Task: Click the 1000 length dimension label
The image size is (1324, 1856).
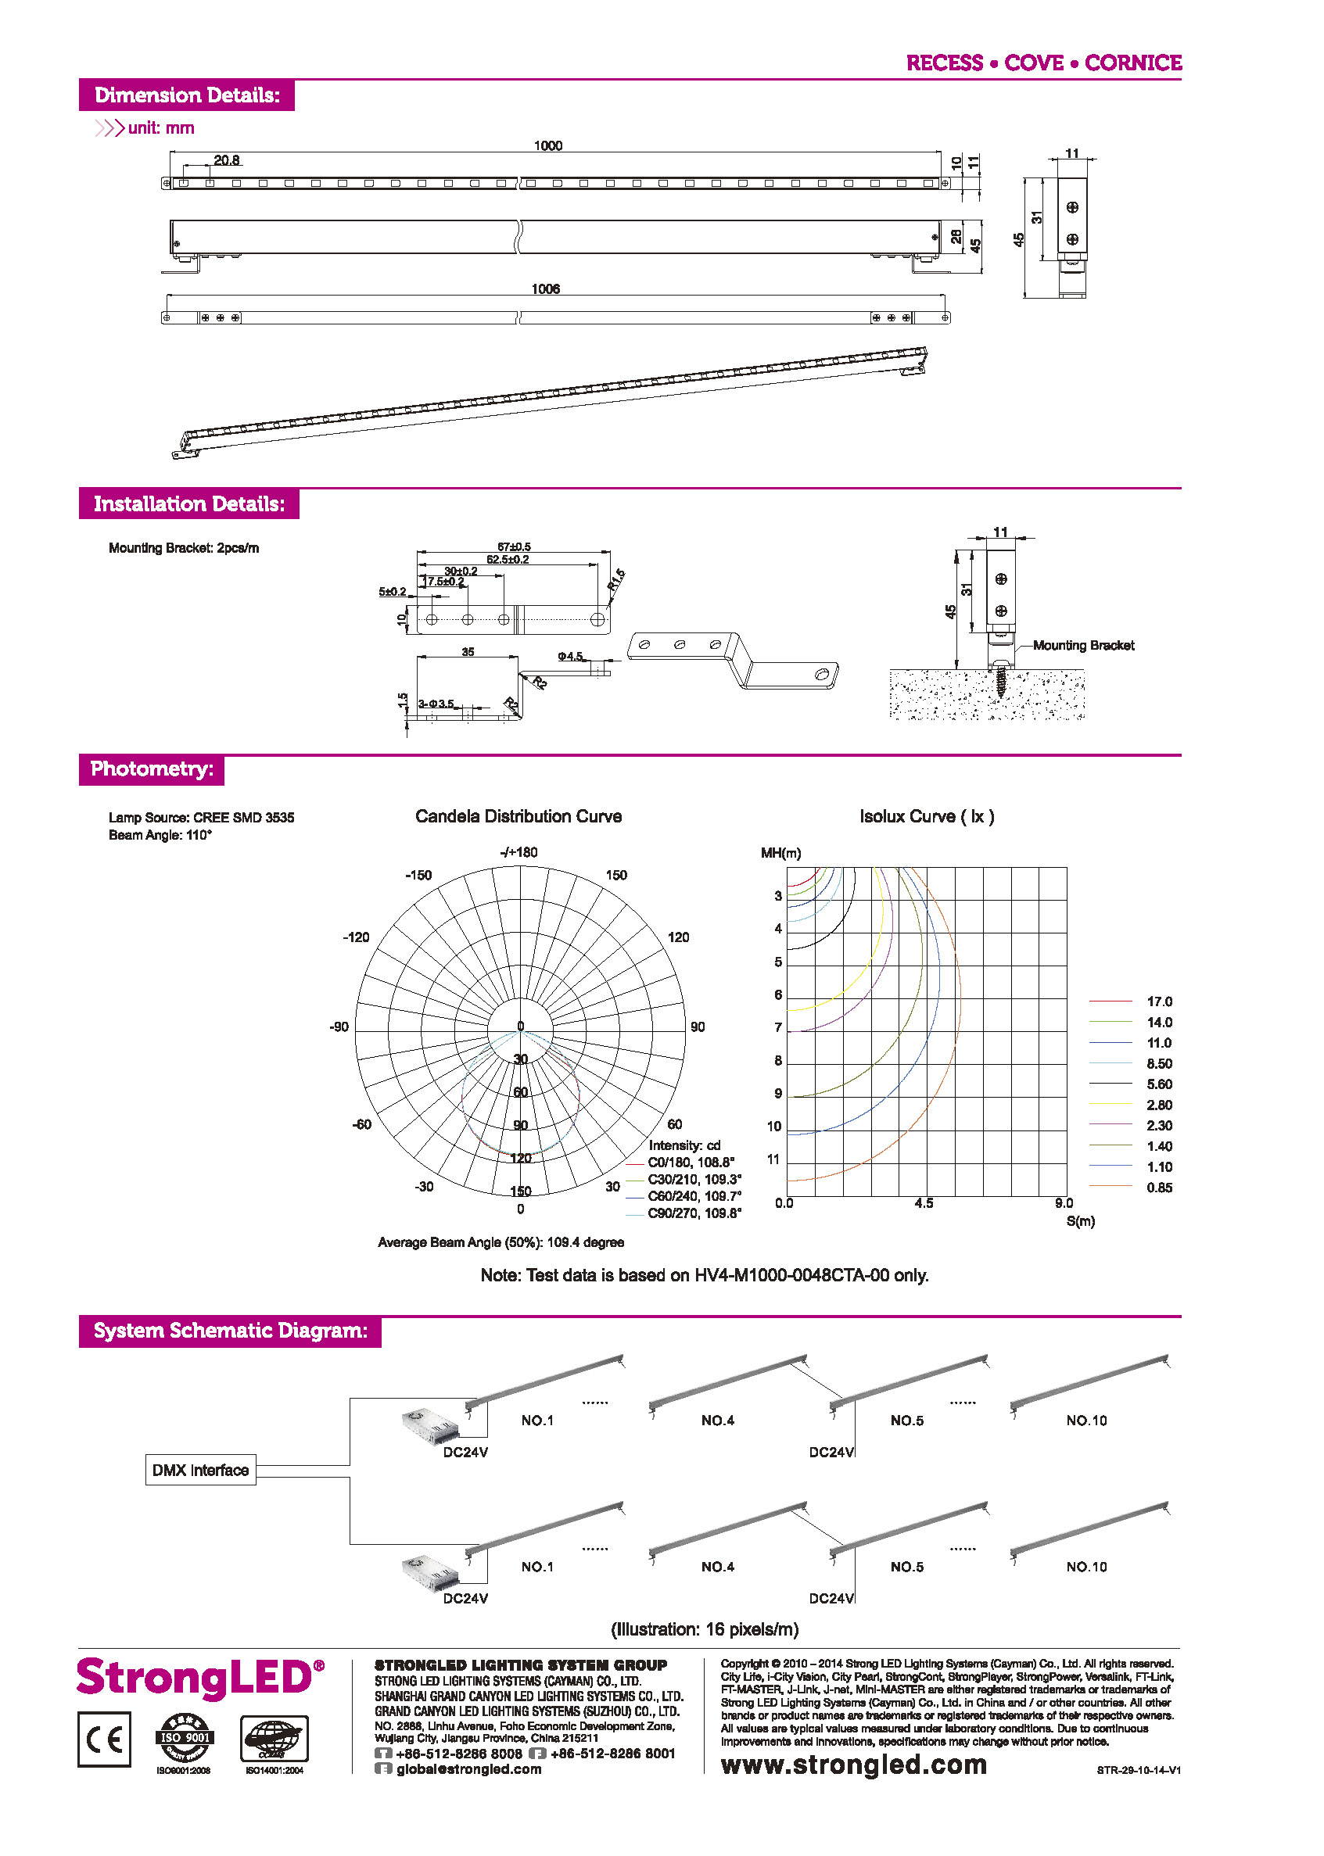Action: coord(548,146)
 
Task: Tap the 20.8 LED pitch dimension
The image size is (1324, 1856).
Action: coord(227,160)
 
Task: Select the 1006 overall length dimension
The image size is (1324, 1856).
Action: coord(545,289)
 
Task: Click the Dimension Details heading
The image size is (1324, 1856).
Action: coord(187,95)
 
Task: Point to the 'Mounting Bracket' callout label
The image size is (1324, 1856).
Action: coord(1082,646)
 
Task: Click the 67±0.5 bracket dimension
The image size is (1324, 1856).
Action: coord(514,547)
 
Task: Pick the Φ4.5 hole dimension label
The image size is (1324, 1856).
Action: coord(570,656)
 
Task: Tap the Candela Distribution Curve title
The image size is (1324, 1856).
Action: coord(518,816)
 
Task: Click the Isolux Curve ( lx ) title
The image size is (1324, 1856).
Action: coord(926,816)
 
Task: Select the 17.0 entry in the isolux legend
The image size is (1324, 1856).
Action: coord(1158,1001)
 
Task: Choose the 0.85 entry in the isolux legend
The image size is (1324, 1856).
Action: coord(1158,1188)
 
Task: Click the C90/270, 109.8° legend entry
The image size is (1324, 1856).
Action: coord(694,1213)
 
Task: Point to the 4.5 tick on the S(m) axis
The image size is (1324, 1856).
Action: coord(924,1203)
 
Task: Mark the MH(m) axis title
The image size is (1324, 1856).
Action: coord(780,854)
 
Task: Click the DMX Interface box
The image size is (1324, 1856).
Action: coord(200,1470)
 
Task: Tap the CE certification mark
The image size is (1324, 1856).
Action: coord(104,1739)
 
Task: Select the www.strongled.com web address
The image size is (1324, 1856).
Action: coord(853,1765)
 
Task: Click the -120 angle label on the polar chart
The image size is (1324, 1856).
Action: coord(356,937)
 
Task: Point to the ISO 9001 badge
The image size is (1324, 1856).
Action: coord(185,1739)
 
